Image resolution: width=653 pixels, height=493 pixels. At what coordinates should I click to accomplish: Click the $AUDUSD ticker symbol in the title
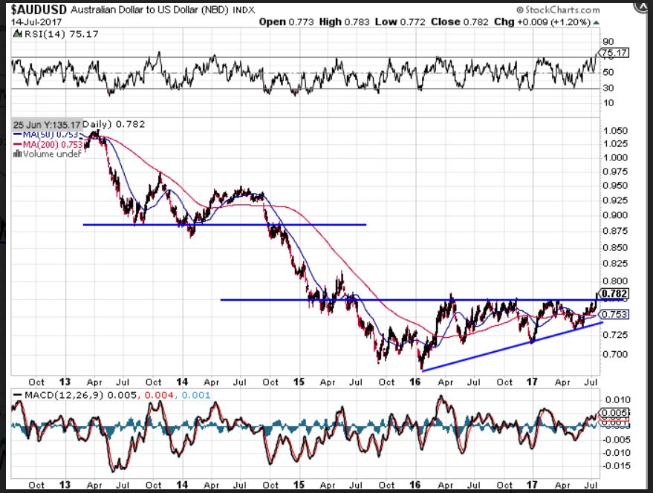click(35, 10)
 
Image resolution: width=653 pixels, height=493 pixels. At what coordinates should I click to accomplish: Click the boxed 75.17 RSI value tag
click(614, 53)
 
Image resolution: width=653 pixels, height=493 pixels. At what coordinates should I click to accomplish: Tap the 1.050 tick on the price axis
click(614, 130)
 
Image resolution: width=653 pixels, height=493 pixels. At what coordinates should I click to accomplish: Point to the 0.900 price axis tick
click(614, 215)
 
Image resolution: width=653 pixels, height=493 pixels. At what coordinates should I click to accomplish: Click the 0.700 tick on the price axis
click(614, 354)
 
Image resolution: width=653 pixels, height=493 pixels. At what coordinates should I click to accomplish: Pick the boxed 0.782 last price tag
click(616, 293)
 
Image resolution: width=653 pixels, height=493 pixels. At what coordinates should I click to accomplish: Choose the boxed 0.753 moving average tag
click(616, 315)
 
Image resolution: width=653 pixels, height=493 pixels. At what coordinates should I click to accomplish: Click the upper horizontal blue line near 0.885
click(223, 224)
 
